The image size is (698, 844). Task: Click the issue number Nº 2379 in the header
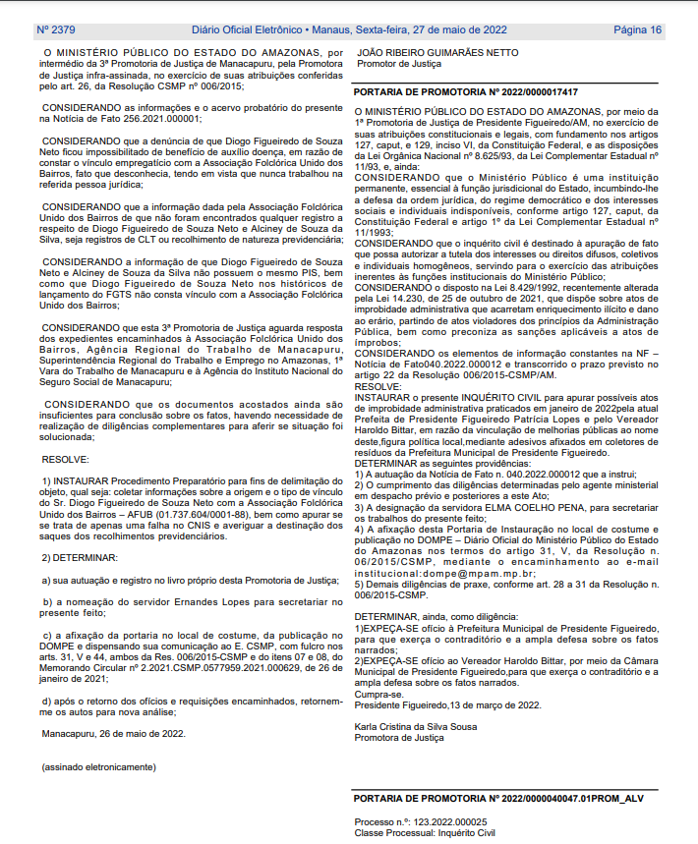pos(58,30)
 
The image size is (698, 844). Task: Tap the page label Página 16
pos(637,30)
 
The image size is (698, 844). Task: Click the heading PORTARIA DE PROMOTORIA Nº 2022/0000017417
pos(465,91)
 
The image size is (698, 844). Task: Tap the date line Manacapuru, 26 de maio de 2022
pos(113,733)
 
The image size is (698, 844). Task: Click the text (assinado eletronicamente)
pos(98,765)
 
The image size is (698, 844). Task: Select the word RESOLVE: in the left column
pos(66,458)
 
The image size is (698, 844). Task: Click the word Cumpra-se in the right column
pos(378,695)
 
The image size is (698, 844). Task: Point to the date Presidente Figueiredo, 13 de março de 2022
pos(447,704)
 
